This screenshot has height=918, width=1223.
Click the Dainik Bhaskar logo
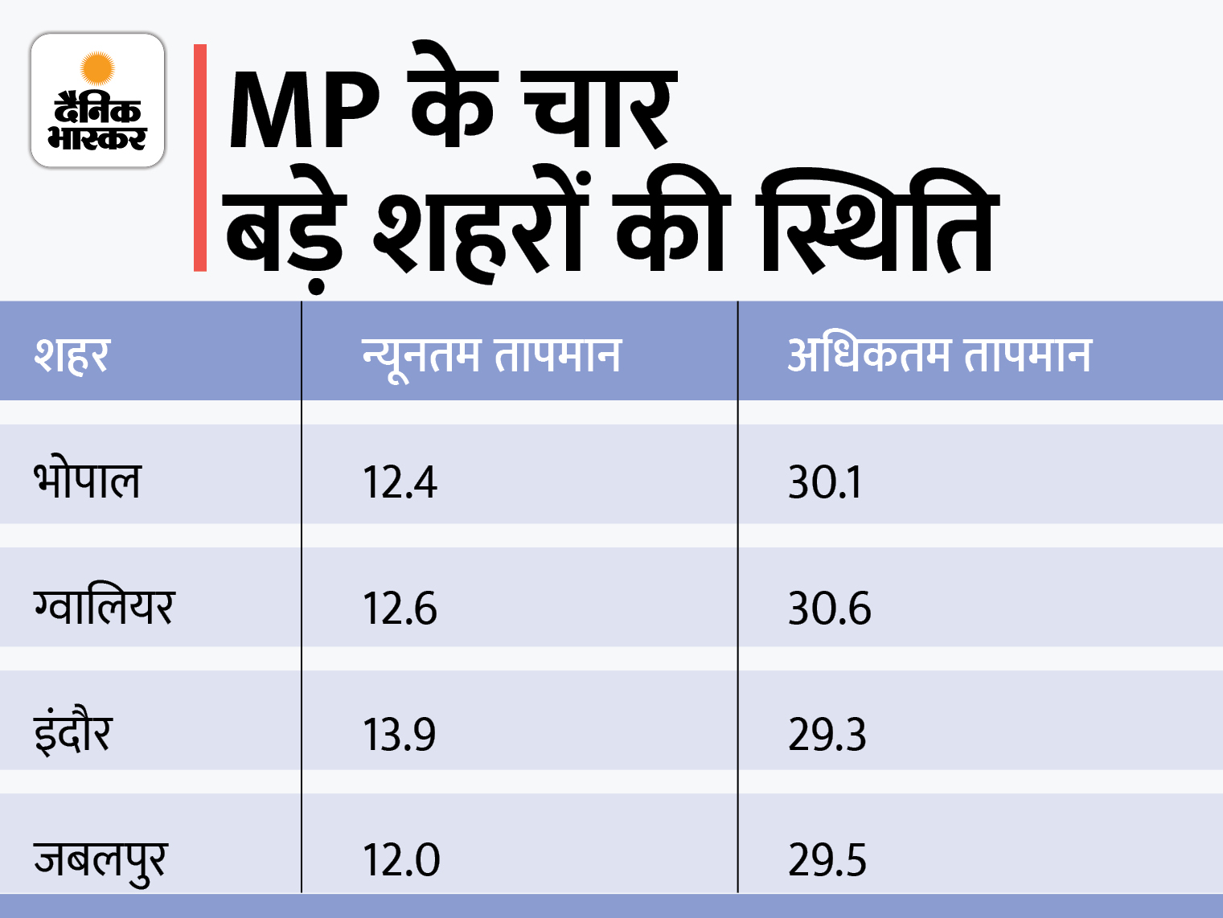click(x=97, y=100)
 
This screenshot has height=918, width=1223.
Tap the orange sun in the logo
click(x=98, y=68)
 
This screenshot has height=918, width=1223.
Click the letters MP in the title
click(x=303, y=111)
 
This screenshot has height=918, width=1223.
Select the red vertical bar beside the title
click(x=200, y=158)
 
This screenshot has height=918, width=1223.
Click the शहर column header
click(x=72, y=354)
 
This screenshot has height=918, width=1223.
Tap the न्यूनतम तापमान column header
click(x=491, y=354)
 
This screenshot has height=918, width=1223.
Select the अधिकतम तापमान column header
click(x=938, y=354)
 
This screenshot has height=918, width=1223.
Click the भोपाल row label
click(x=87, y=480)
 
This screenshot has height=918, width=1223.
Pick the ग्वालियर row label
click(x=104, y=606)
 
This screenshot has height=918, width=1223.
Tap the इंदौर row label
click(x=72, y=732)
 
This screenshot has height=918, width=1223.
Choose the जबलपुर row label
click(x=101, y=859)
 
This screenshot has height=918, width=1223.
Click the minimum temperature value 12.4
click(x=400, y=482)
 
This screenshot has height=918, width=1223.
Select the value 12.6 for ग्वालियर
click(x=400, y=609)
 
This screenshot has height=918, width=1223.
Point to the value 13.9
click(x=400, y=735)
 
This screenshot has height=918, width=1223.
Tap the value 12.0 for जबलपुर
click(x=401, y=860)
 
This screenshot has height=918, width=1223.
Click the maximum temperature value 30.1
click(x=825, y=482)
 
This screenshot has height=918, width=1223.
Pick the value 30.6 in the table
click(x=829, y=609)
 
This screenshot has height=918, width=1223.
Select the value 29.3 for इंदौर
click(x=827, y=735)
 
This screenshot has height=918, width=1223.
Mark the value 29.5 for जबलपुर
click(x=827, y=860)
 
